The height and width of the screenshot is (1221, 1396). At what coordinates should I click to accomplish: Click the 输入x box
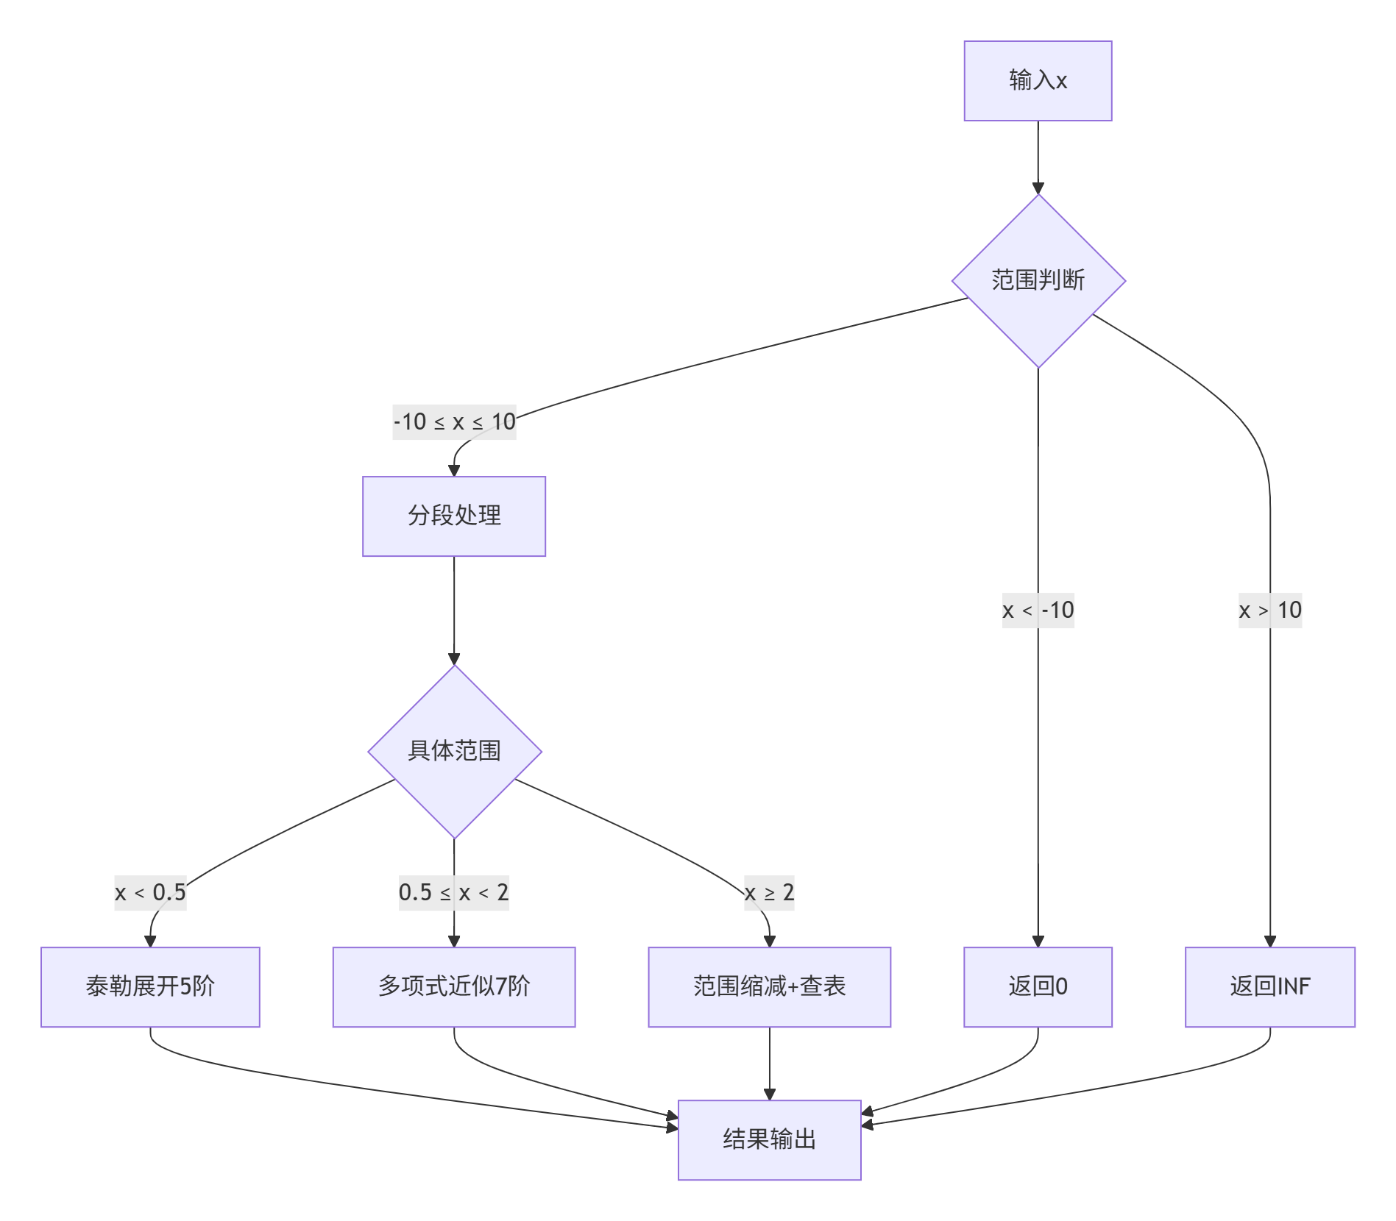pyautogui.click(x=1038, y=81)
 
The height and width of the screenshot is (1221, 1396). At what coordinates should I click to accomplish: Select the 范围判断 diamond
pyautogui.click(x=1038, y=281)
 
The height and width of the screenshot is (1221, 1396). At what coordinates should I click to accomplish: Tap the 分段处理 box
pyautogui.click(x=454, y=516)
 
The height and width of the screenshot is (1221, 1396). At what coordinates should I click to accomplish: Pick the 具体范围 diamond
pyautogui.click(x=454, y=751)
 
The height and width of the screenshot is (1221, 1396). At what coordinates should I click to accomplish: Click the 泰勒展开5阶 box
pyautogui.click(x=150, y=986)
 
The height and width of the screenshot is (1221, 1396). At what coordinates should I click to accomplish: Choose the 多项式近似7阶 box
pyautogui.click(x=454, y=986)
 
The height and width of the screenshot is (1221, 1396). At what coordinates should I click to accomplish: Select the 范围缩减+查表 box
pyautogui.click(x=769, y=986)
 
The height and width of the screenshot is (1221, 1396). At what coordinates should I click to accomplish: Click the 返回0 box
pyautogui.click(x=1038, y=986)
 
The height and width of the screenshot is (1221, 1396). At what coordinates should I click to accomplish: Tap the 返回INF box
pyautogui.click(x=1269, y=986)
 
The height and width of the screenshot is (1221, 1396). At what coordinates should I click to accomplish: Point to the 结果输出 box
pyautogui.click(x=769, y=1139)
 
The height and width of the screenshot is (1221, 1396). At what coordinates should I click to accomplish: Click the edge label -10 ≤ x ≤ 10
pyautogui.click(x=454, y=422)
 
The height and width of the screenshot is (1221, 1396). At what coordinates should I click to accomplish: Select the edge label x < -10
pyautogui.click(x=1038, y=610)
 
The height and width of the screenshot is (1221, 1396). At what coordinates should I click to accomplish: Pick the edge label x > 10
pyautogui.click(x=1269, y=610)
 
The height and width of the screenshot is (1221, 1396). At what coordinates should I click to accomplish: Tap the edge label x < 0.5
pyautogui.click(x=150, y=893)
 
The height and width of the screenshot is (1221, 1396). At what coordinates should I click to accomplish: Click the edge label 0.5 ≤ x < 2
pyautogui.click(x=454, y=893)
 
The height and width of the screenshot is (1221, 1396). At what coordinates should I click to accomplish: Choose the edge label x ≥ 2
pyautogui.click(x=769, y=893)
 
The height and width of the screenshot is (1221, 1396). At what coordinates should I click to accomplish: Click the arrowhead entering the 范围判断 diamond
pyautogui.click(x=1038, y=188)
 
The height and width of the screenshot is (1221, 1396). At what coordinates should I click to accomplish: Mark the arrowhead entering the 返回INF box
pyautogui.click(x=1269, y=941)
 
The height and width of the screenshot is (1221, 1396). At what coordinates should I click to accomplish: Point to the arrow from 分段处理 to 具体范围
pyautogui.click(x=454, y=610)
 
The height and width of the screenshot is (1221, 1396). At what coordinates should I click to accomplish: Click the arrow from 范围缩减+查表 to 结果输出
pyautogui.click(x=769, y=1063)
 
